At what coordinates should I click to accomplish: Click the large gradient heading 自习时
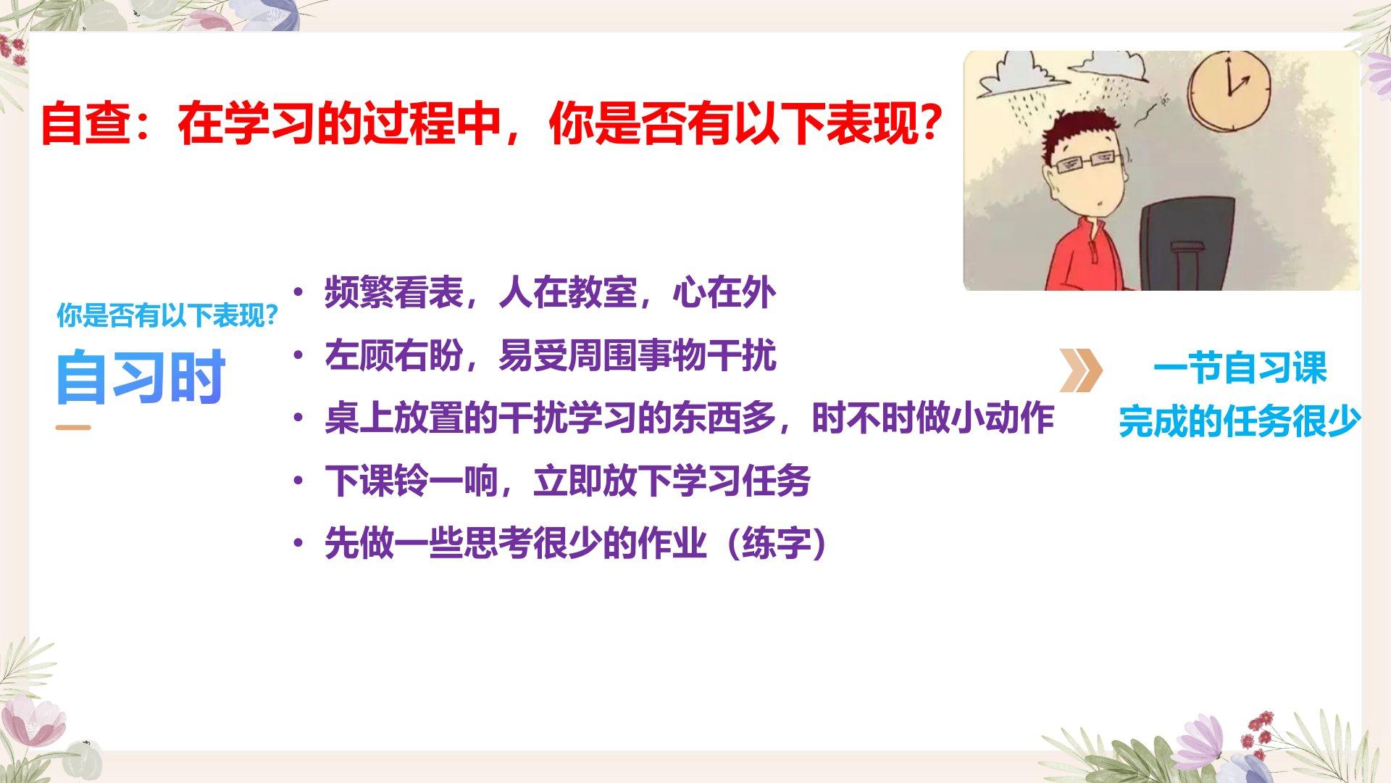click(x=141, y=376)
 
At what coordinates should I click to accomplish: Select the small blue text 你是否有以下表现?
click(x=167, y=315)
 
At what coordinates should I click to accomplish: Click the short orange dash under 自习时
click(x=73, y=427)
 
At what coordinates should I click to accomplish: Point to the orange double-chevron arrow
click(x=1080, y=370)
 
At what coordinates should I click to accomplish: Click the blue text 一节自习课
click(x=1240, y=368)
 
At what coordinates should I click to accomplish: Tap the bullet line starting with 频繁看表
click(x=550, y=292)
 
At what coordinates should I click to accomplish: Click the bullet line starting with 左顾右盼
click(x=550, y=355)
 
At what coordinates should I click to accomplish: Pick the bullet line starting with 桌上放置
click(x=689, y=418)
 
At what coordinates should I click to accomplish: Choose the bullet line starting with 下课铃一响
click(x=567, y=481)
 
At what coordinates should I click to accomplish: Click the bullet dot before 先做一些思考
click(x=298, y=544)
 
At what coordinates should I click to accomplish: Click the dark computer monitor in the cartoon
click(x=1187, y=243)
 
